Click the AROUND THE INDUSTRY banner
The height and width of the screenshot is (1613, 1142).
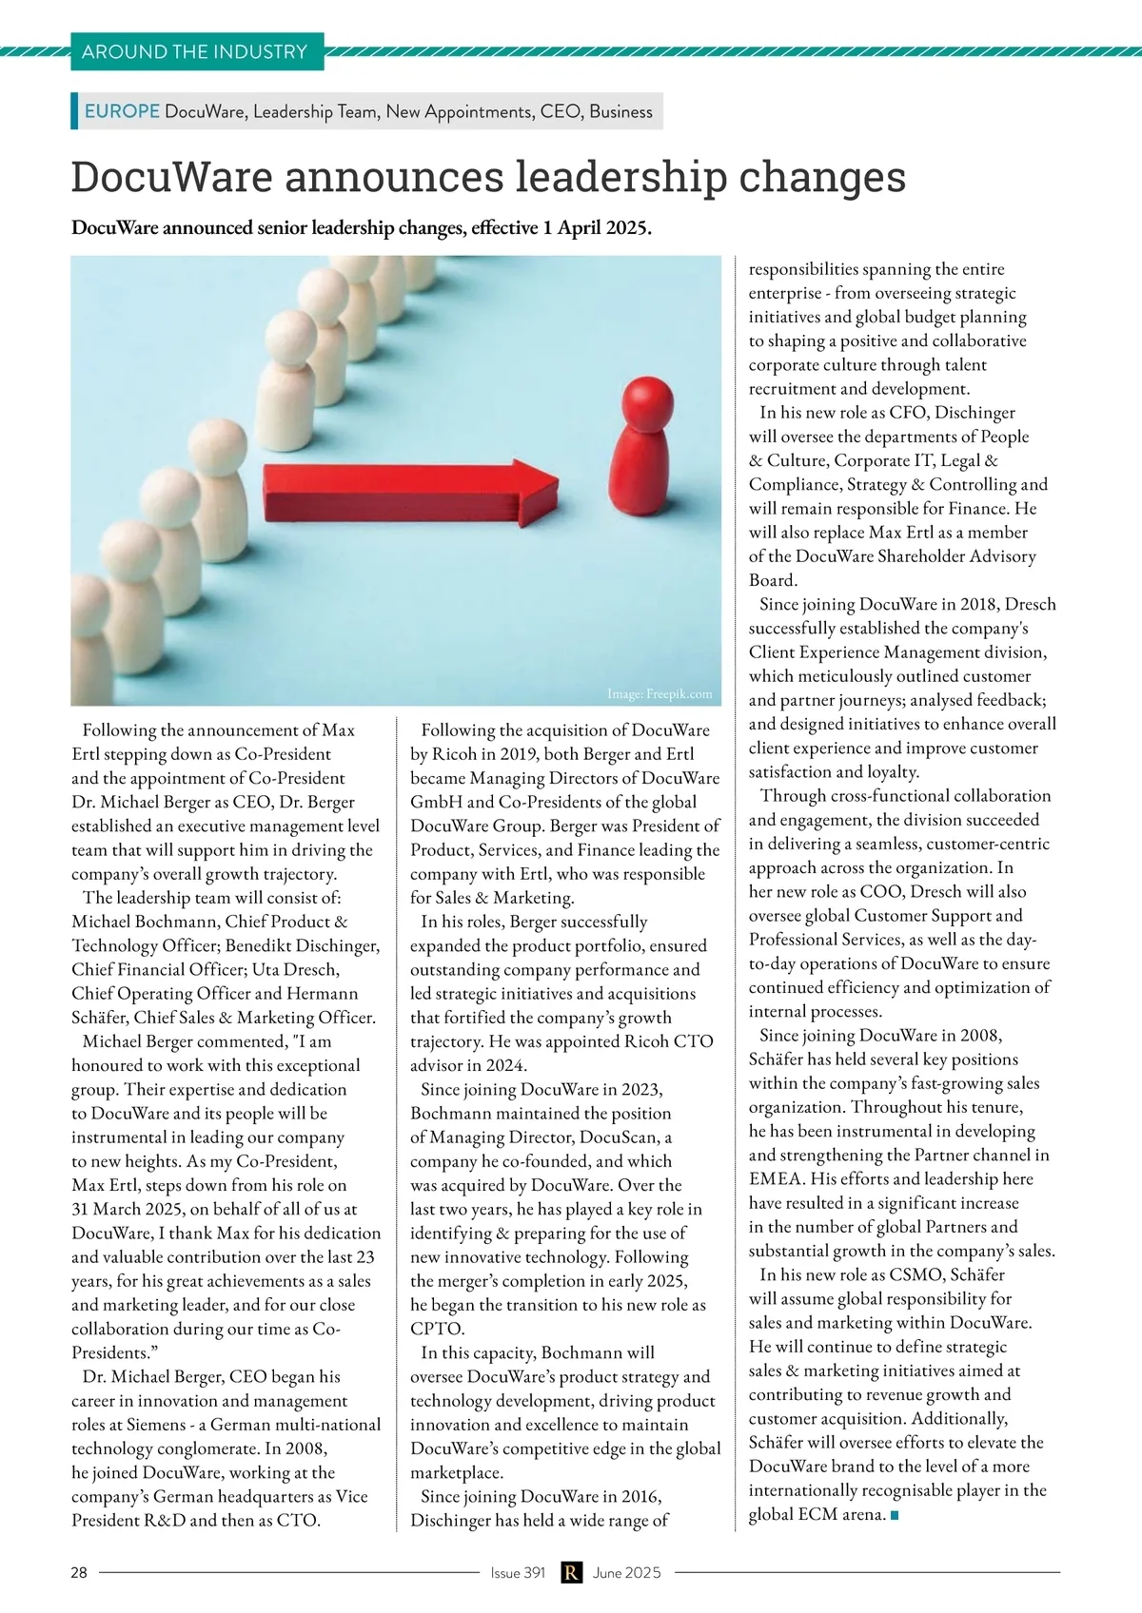tap(195, 51)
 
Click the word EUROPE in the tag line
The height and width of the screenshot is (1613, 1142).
tap(122, 111)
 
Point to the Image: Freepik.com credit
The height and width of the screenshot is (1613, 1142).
tap(660, 694)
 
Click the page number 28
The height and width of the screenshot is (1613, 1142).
tap(79, 1573)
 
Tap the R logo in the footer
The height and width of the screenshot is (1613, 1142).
tap(570, 1573)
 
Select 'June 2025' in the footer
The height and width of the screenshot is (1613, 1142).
tap(626, 1573)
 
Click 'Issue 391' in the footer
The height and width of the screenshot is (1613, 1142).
tap(518, 1573)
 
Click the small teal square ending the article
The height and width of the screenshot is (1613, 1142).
tap(894, 1515)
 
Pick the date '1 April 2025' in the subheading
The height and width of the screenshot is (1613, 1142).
tap(597, 228)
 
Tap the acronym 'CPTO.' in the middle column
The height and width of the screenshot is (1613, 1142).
tap(438, 1329)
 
